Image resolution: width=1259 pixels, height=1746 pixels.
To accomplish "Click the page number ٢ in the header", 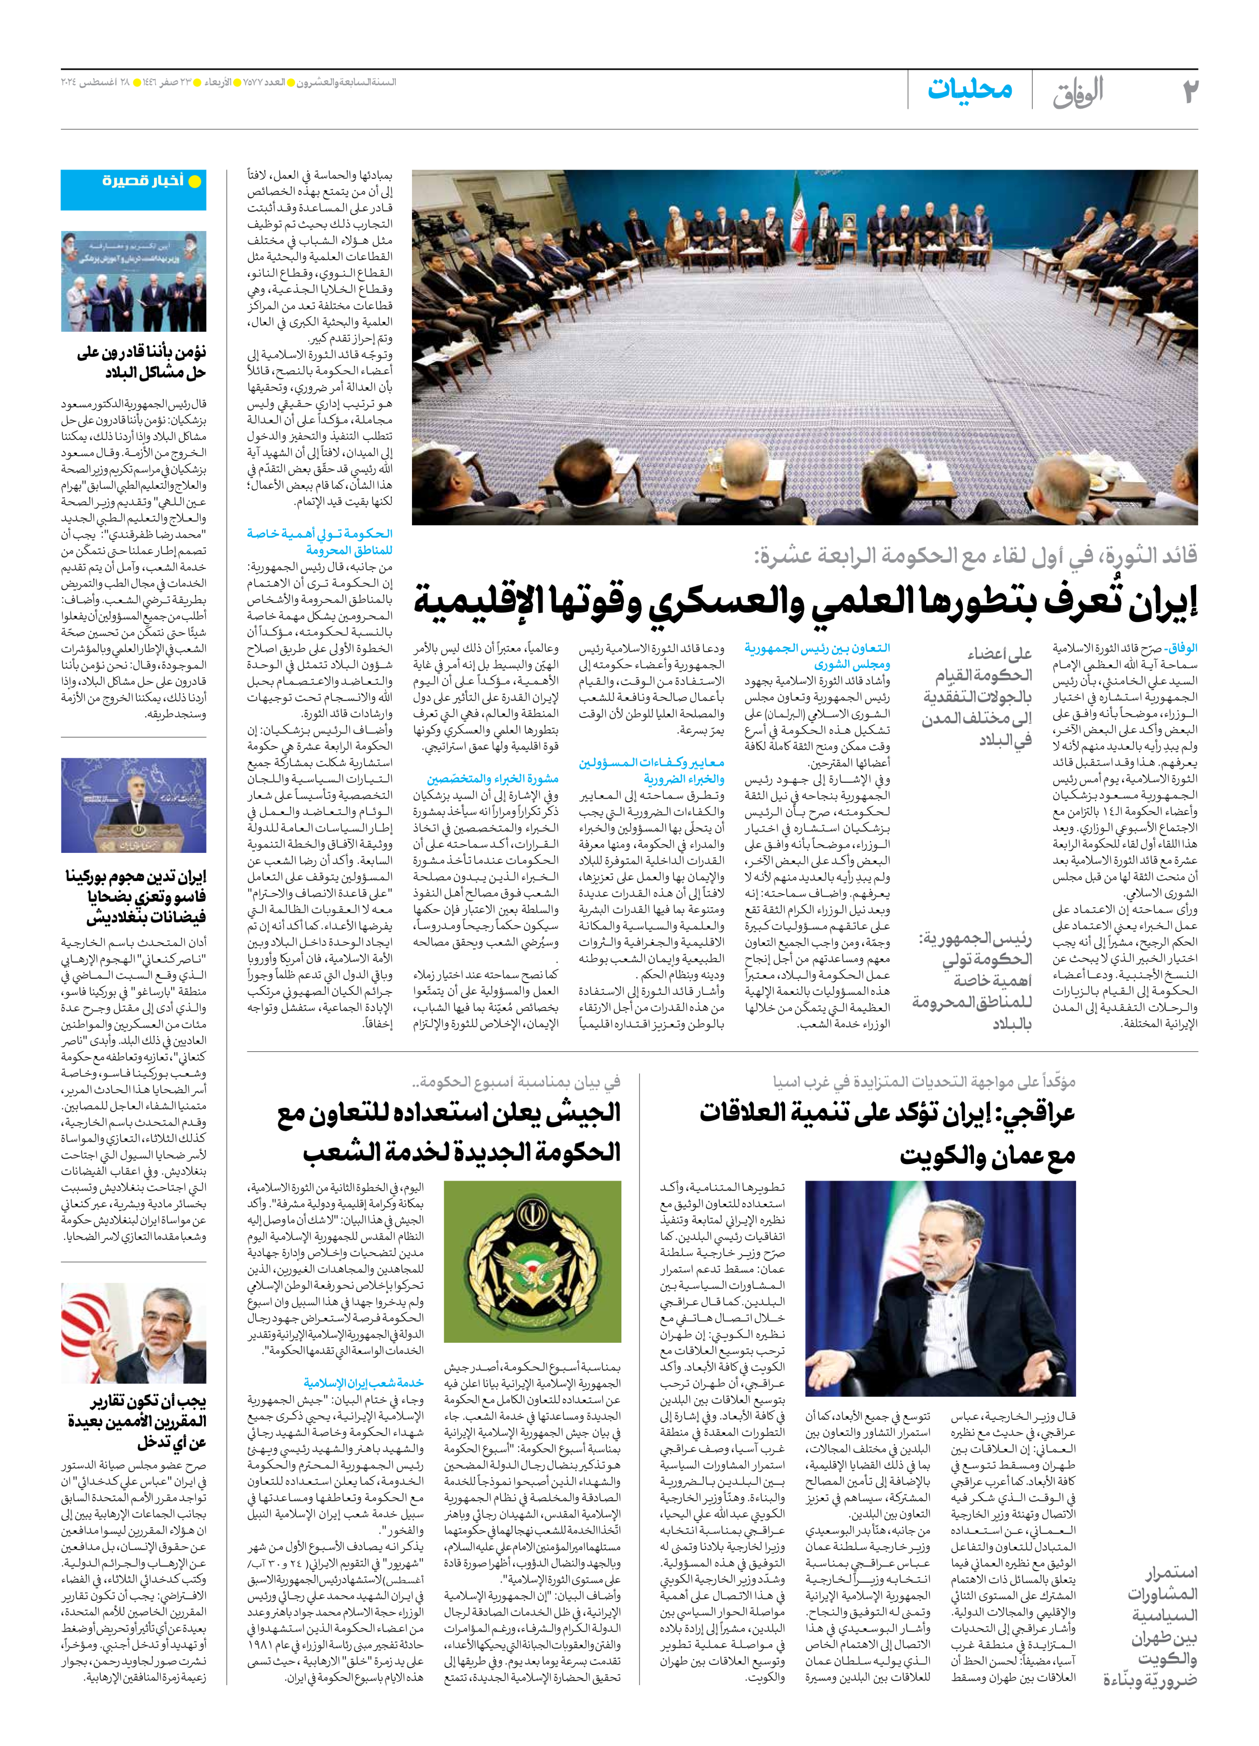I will pyautogui.click(x=1190, y=91).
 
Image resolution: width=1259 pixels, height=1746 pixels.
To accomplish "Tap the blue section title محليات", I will pyautogui.click(x=969, y=89).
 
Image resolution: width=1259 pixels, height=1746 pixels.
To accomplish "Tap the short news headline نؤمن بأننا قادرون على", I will pyautogui.click(x=141, y=362).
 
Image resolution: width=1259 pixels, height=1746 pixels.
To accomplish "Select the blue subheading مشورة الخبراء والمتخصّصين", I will pyautogui.click(x=493, y=778).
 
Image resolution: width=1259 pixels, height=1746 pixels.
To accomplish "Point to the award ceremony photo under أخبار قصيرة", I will pyautogui.click(x=133, y=282).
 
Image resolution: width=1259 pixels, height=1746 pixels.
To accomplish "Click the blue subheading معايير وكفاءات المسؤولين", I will pyautogui.click(x=652, y=770).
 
